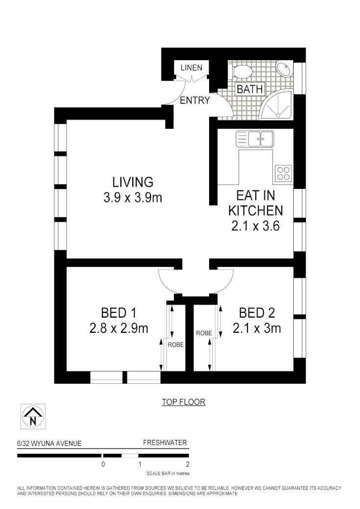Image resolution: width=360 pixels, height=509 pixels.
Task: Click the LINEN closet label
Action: [191, 68]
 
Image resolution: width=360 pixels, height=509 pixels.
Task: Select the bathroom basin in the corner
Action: [284, 69]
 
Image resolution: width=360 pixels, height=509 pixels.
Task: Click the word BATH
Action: [249, 90]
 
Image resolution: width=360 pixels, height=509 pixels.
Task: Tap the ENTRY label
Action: [194, 101]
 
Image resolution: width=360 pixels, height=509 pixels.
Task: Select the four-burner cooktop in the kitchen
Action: [284, 172]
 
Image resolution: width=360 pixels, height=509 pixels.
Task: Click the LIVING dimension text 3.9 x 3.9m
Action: [133, 198]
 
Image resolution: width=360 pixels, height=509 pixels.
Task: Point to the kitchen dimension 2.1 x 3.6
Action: [255, 226]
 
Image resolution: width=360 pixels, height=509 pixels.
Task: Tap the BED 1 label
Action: [118, 312]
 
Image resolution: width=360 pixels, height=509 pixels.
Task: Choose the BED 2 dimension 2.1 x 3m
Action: [257, 328]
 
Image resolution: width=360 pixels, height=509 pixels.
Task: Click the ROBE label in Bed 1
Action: [176, 345]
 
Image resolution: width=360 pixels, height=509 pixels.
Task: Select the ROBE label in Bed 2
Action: [204, 333]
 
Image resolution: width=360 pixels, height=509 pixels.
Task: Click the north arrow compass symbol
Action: [33, 416]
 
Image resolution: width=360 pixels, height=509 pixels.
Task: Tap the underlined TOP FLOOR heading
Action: [183, 402]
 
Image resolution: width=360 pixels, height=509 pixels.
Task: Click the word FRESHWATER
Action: [165, 443]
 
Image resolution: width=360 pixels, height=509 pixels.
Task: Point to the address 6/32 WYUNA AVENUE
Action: [49, 444]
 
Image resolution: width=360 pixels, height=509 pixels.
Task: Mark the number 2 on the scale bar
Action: [188, 464]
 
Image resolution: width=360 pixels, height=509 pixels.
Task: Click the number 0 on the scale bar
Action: [103, 464]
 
